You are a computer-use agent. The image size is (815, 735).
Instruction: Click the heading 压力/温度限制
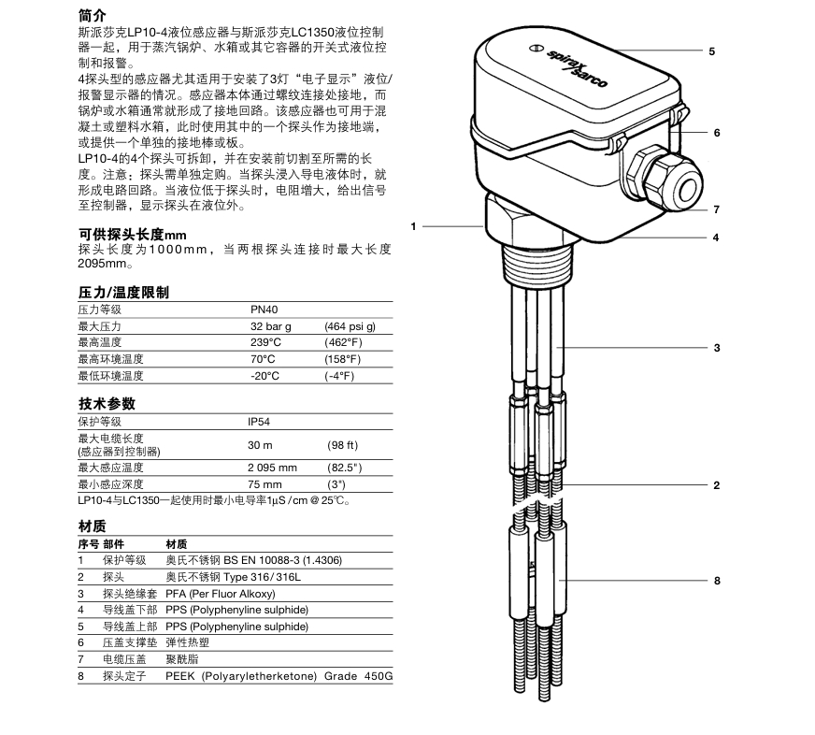point(123,293)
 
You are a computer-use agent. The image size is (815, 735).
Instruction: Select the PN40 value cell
point(265,310)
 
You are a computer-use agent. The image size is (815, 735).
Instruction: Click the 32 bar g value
point(272,326)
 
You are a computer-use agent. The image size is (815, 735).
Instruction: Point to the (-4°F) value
point(339,376)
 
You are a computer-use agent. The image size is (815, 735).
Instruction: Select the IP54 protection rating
point(262,422)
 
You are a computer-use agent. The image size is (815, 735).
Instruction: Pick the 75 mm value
point(265,484)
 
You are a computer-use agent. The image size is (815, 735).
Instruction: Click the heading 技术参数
point(107,404)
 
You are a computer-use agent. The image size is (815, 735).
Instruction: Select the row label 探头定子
point(123,676)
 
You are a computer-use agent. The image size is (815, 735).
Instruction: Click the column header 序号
point(88,543)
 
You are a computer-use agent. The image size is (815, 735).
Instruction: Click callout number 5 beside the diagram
point(711,50)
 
